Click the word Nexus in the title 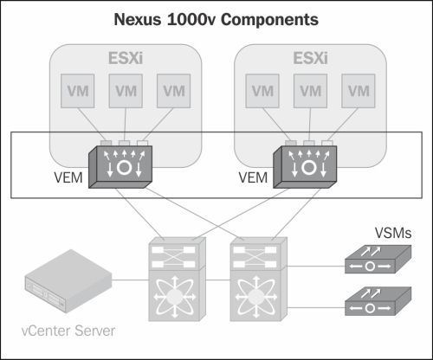[138, 19]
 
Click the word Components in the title [269, 20]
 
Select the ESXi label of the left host [126, 58]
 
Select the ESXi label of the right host [310, 58]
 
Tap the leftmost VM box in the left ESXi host [77, 91]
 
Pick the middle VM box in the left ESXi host [126, 91]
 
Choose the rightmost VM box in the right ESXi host [359, 91]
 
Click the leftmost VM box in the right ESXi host [262, 91]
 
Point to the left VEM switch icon [120, 167]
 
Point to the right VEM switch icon [305, 167]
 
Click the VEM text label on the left [68, 177]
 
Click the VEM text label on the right [253, 177]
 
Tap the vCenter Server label [68, 331]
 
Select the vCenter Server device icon [68, 281]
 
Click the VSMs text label [393, 233]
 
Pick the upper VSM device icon [378, 259]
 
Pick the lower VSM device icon [378, 301]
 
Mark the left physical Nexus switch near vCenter [178, 280]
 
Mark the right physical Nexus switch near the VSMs [259, 280]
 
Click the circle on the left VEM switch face [125, 167]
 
